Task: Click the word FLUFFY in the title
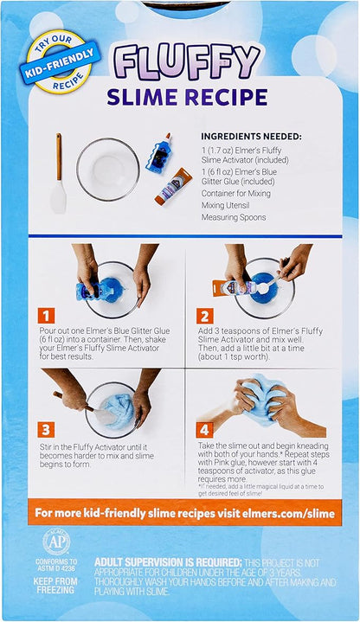click(x=186, y=62)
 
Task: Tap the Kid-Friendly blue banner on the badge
click(x=61, y=63)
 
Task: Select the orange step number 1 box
click(x=46, y=316)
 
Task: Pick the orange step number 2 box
click(x=204, y=316)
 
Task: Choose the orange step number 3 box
click(x=46, y=430)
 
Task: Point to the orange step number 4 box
click(x=204, y=430)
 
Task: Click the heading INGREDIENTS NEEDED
click(x=251, y=137)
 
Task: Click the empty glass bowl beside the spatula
click(x=108, y=170)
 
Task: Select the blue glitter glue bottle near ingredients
click(x=158, y=153)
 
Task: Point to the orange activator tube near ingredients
click(x=173, y=187)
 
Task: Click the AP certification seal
click(x=56, y=541)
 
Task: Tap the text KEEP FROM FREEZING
click(x=55, y=586)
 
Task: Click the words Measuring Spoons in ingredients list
click(x=234, y=217)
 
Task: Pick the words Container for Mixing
click(x=235, y=194)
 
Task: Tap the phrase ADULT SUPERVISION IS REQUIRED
click(x=168, y=562)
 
